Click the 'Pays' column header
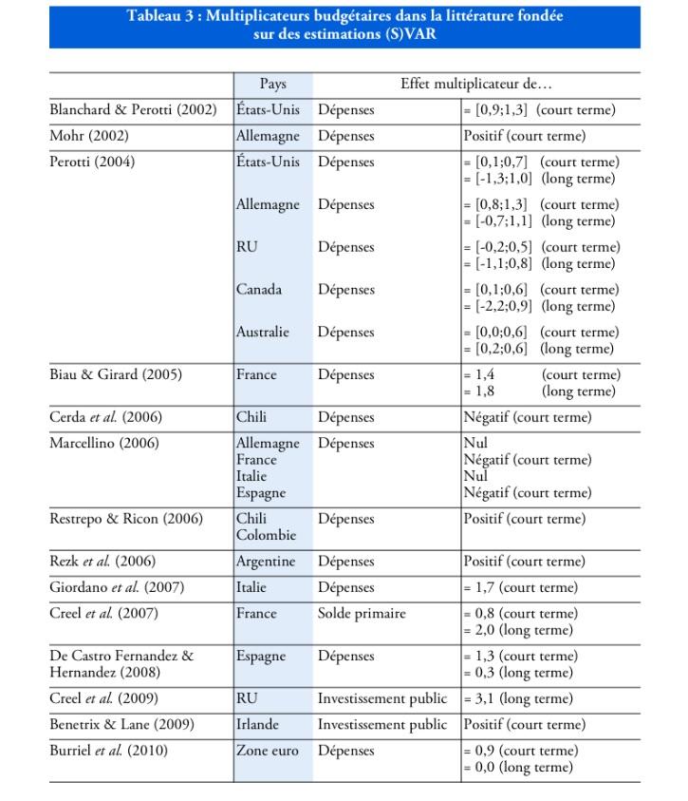click(x=272, y=85)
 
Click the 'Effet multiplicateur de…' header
click(x=475, y=85)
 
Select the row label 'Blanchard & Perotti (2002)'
click(x=133, y=110)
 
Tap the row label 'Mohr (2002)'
click(x=89, y=136)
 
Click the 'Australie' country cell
click(x=263, y=333)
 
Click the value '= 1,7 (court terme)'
click(x=520, y=587)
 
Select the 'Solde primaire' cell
click(x=362, y=614)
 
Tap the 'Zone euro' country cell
click(x=268, y=751)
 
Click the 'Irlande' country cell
click(x=258, y=725)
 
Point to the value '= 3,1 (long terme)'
click(x=518, y=699)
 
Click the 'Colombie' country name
click(x=266, y=536)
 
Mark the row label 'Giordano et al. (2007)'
click(x=117, y=587)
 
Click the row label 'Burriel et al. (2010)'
click(x=108, y=751)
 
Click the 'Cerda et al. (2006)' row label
click(x=104, y=417)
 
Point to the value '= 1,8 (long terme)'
click(x=539, y=391)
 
